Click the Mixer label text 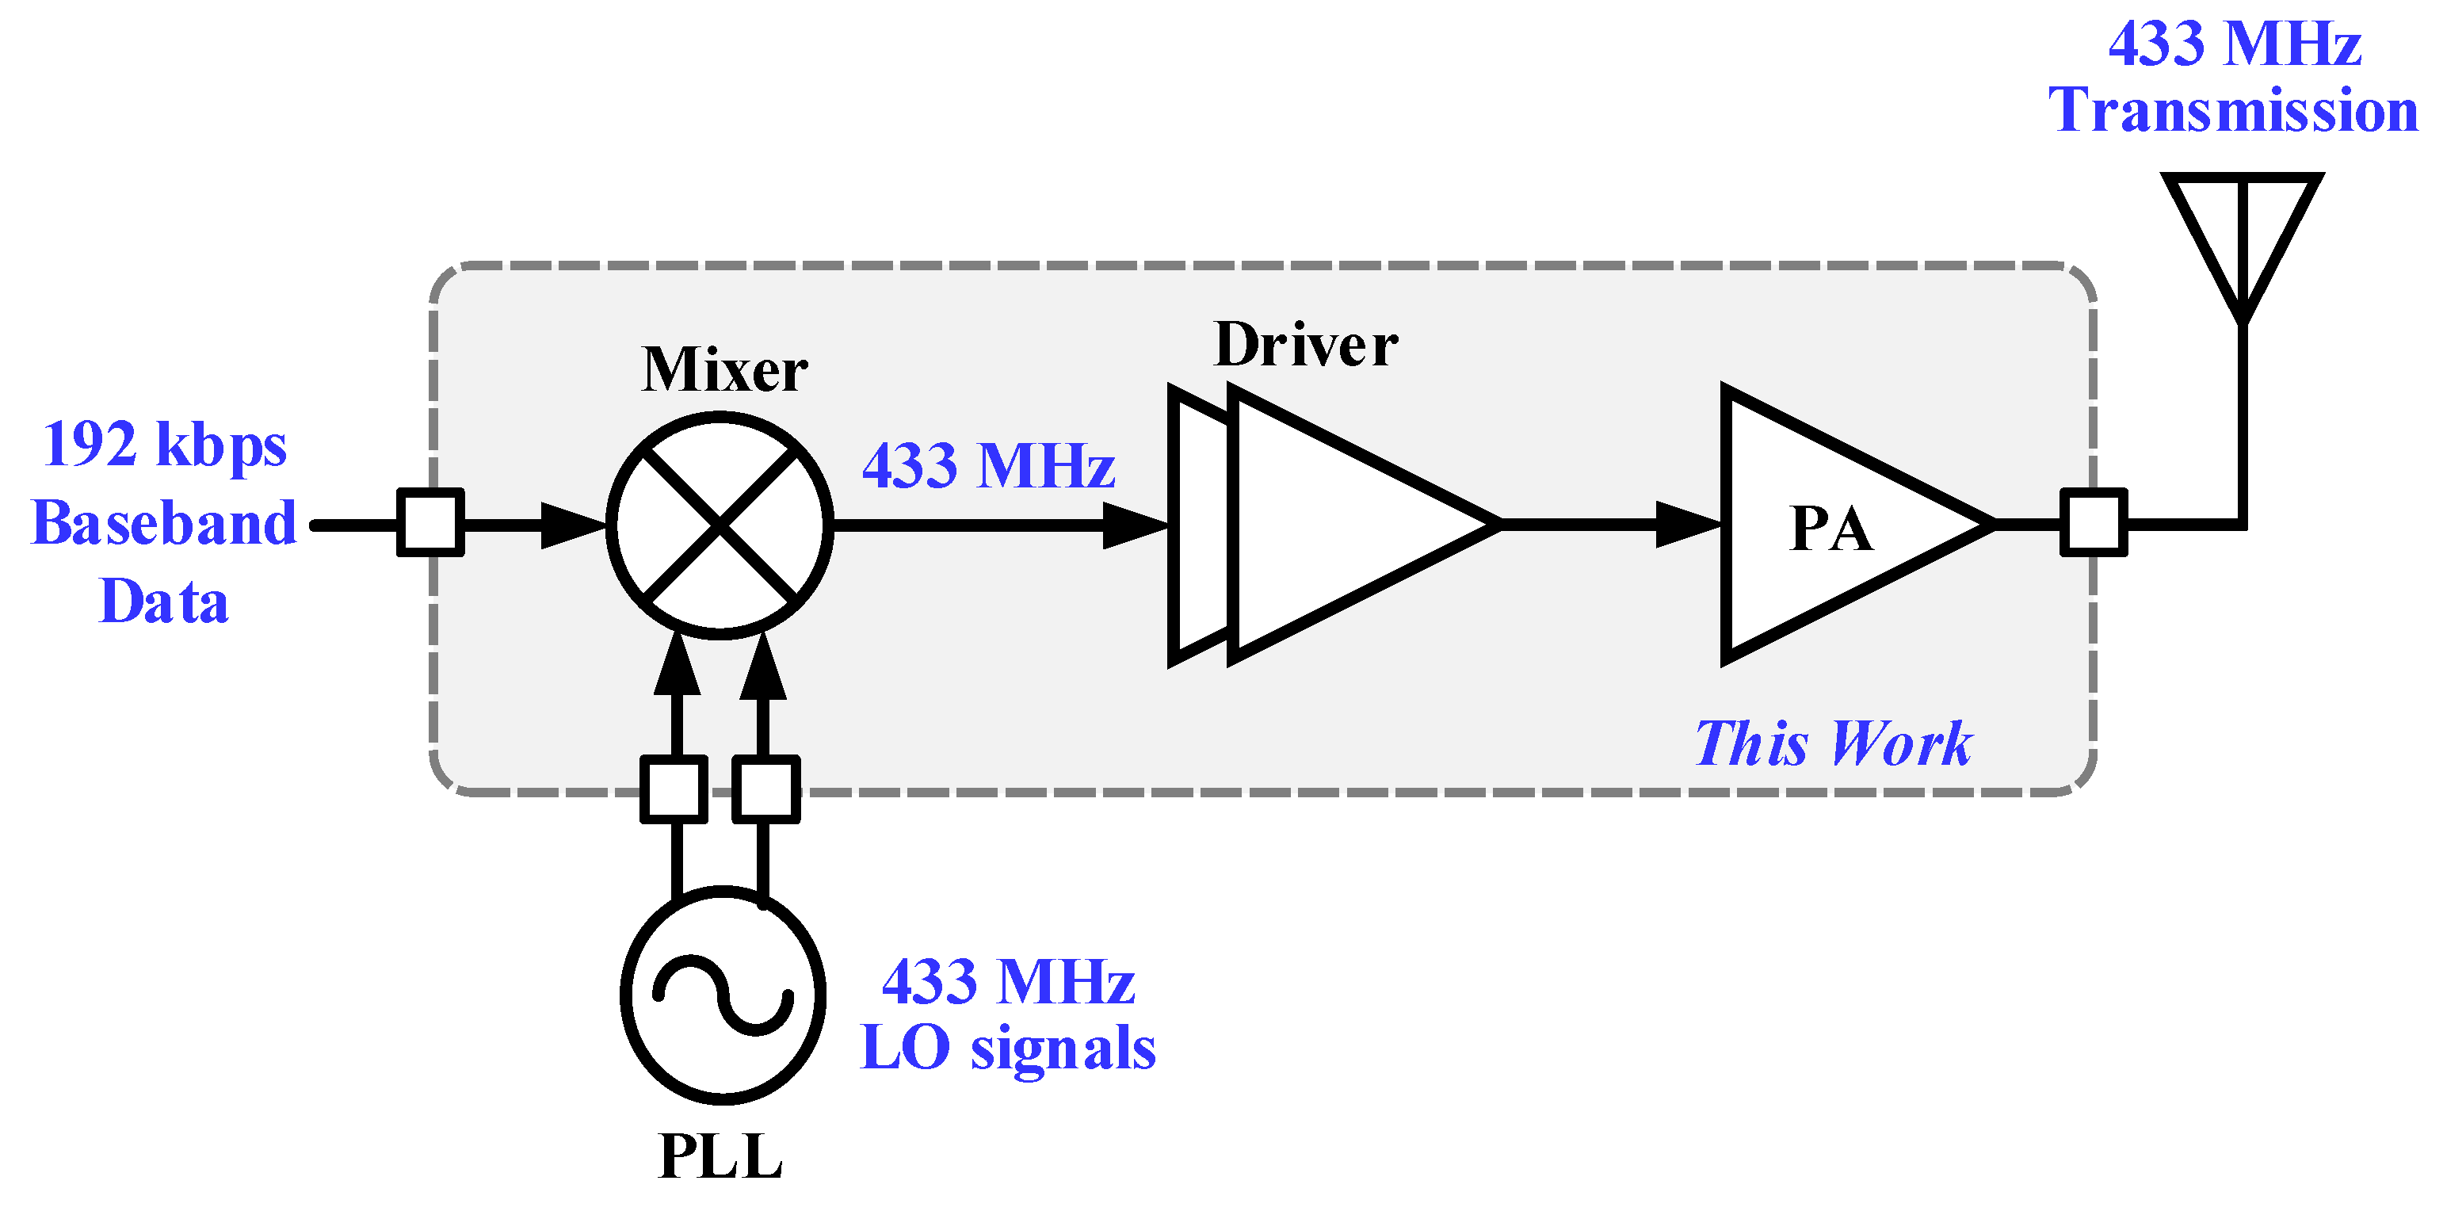click(x=723, y=369)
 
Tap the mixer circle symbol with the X click(x=720, y=525)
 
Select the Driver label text click(x=1305, y=345)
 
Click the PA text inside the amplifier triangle click(x=1830, y=529)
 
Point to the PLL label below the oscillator click(x=720, y=1157)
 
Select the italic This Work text click(x=1834, y=743)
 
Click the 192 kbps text click(x=164, y=445)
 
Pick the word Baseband click(x=164, y=523)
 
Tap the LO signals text click(x=1008, y=1049)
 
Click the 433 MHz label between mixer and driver click(x=988, y=466)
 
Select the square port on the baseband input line click(x=430, y=522)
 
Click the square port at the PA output click(x=2093, y=522)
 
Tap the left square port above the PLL click(x=674, y=789)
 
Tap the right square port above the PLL click(x=765, y=789)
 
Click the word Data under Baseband click(x=164, y=602)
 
